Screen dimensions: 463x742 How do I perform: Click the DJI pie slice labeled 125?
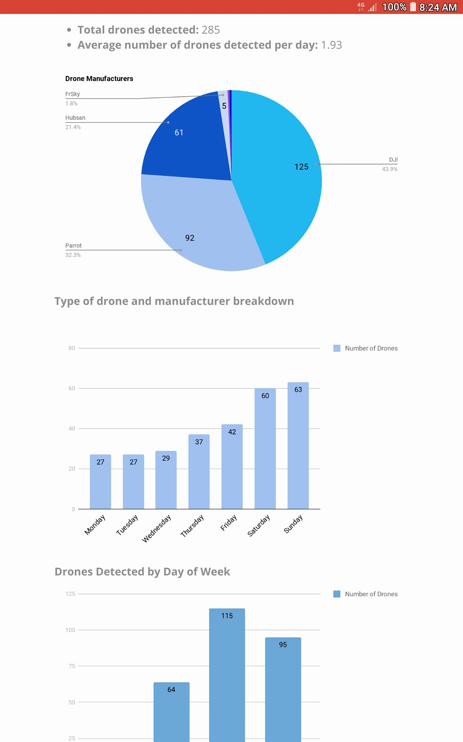pyautogui.click(x=282, y=174)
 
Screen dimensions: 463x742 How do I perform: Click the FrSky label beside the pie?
pyautogui.click(x=73, y=94)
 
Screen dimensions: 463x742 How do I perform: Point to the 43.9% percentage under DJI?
pyautogui.click(x=390, y=169)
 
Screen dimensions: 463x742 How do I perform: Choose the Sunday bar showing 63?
pyautogui.click(x=298, y=446)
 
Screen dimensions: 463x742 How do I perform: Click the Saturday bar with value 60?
pyautogui.click(x=265, y=449)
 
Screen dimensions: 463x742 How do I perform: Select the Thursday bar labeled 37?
pyautogui.click(x=199, y=472)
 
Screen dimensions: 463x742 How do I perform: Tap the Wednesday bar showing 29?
pyautogui.click(x=166, y=480)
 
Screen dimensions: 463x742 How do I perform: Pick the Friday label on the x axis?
pyautogui.click(x=228, y=523)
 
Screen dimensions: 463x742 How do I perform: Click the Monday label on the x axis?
pyautogui.click(x=95, y=525)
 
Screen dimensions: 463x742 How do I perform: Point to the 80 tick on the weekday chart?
pyautogui.click(x=72, y=348)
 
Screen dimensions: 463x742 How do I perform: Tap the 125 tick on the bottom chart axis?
pyautogui.click(x=70, y=594)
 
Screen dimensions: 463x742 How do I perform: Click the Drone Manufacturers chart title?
pyautogui.click(x=99, y=78)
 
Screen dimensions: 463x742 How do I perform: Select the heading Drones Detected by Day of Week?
pyautogui.click(x=142, y=572)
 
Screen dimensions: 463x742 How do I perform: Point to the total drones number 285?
pyautogui.click(x=211, y=30)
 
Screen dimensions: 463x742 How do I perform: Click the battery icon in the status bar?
pyautogui.click(x=413, y=7)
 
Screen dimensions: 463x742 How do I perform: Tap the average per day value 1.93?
pyautogui.click(x=331, y=45)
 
